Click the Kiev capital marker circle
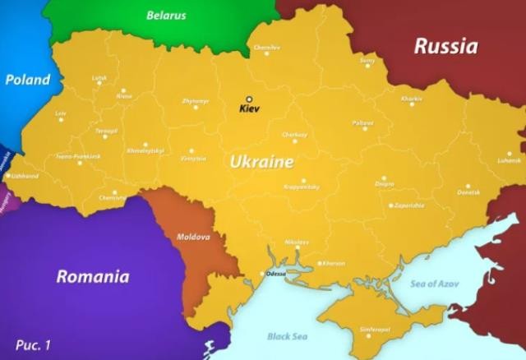[x=249, y=99]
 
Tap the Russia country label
[x=445, y=45]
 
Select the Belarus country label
[x=166, y=15]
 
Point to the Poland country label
[x=27, y=80]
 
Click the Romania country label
[x=92, y=276]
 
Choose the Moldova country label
[x=193, y=237]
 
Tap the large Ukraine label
[x=261, y=162]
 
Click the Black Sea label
[x=286, y=336]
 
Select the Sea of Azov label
[x=435, y=284]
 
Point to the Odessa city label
[x=276, y=274]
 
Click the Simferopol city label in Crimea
[x=373, y=329]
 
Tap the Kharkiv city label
[x=412, y=99]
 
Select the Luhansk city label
[x=509, y=160]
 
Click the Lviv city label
[x=60, y=113]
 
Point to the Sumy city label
[x=367, y=60]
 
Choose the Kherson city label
[x=334, y=263]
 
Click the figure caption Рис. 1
[x=33, y=344]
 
